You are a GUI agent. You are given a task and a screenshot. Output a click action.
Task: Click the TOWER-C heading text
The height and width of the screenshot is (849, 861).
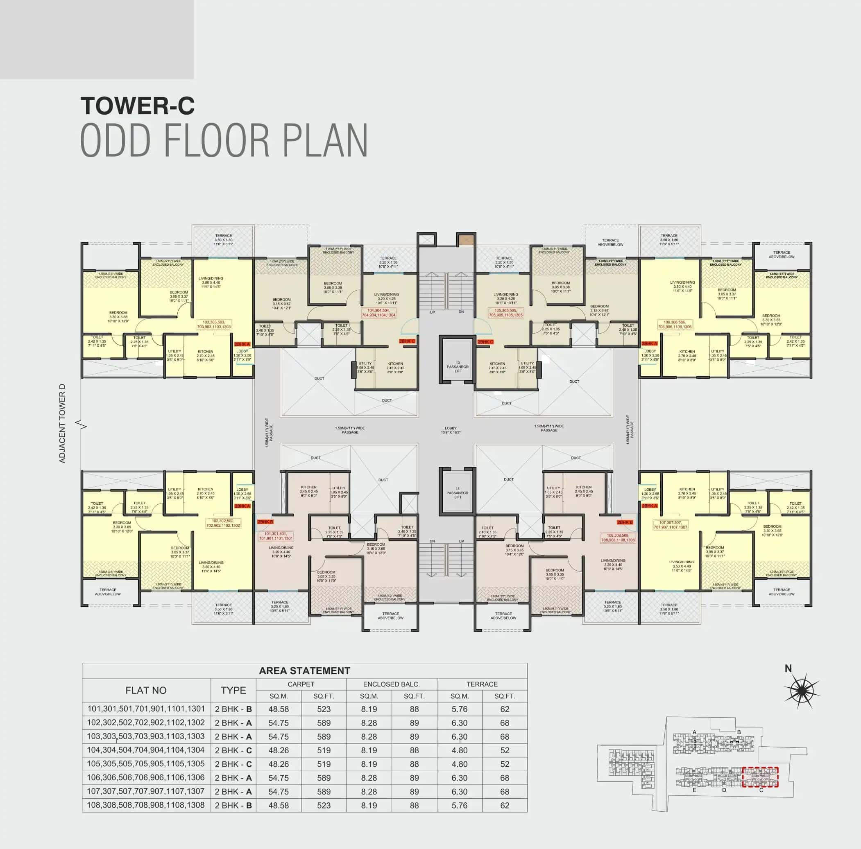pyautogui.click(x=138, y=106)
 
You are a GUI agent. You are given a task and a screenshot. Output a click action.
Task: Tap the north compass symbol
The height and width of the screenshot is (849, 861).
pyautogui.click(x=801, y=691)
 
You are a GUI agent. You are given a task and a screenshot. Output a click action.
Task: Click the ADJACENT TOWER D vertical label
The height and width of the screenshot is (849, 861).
pyautogui.click(x=62, y=423)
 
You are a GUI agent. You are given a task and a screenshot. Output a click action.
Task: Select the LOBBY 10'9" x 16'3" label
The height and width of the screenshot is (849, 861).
pyautogui.click(x=451, y=430)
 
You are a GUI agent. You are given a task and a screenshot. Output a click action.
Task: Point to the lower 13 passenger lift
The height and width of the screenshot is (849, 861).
pyautogui.click(x=458, y=492)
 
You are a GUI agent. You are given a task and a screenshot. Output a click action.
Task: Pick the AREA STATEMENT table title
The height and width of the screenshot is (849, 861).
pyautogui.click(x=304, y=671)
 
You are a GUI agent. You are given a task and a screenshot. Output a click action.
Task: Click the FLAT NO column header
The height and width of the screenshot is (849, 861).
pyautogui.click(x=146, y=691)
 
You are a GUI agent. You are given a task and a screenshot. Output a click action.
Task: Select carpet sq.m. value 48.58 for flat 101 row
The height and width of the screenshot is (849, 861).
pyautogui.click(x=279, y=709)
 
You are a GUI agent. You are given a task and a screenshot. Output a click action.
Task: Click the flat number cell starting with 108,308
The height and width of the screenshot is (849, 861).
pyautogui.click(x=146, y=805)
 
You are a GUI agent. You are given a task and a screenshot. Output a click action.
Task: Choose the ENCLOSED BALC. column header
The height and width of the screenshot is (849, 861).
pyautogui.click(x=391, y=684)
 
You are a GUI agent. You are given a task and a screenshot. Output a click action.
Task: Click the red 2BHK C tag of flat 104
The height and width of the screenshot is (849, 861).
pyautogui.click(x=407, y=341)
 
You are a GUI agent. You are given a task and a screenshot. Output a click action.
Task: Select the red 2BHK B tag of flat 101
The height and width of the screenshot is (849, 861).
pyautogui.click(x=265, y=522)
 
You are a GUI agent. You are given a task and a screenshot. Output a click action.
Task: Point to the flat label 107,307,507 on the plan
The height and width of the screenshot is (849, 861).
pyautogui.click(x=670, y=525)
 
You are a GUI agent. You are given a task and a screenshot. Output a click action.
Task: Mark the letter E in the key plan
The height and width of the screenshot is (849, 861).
pyautogui.click(x=694, y=790)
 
